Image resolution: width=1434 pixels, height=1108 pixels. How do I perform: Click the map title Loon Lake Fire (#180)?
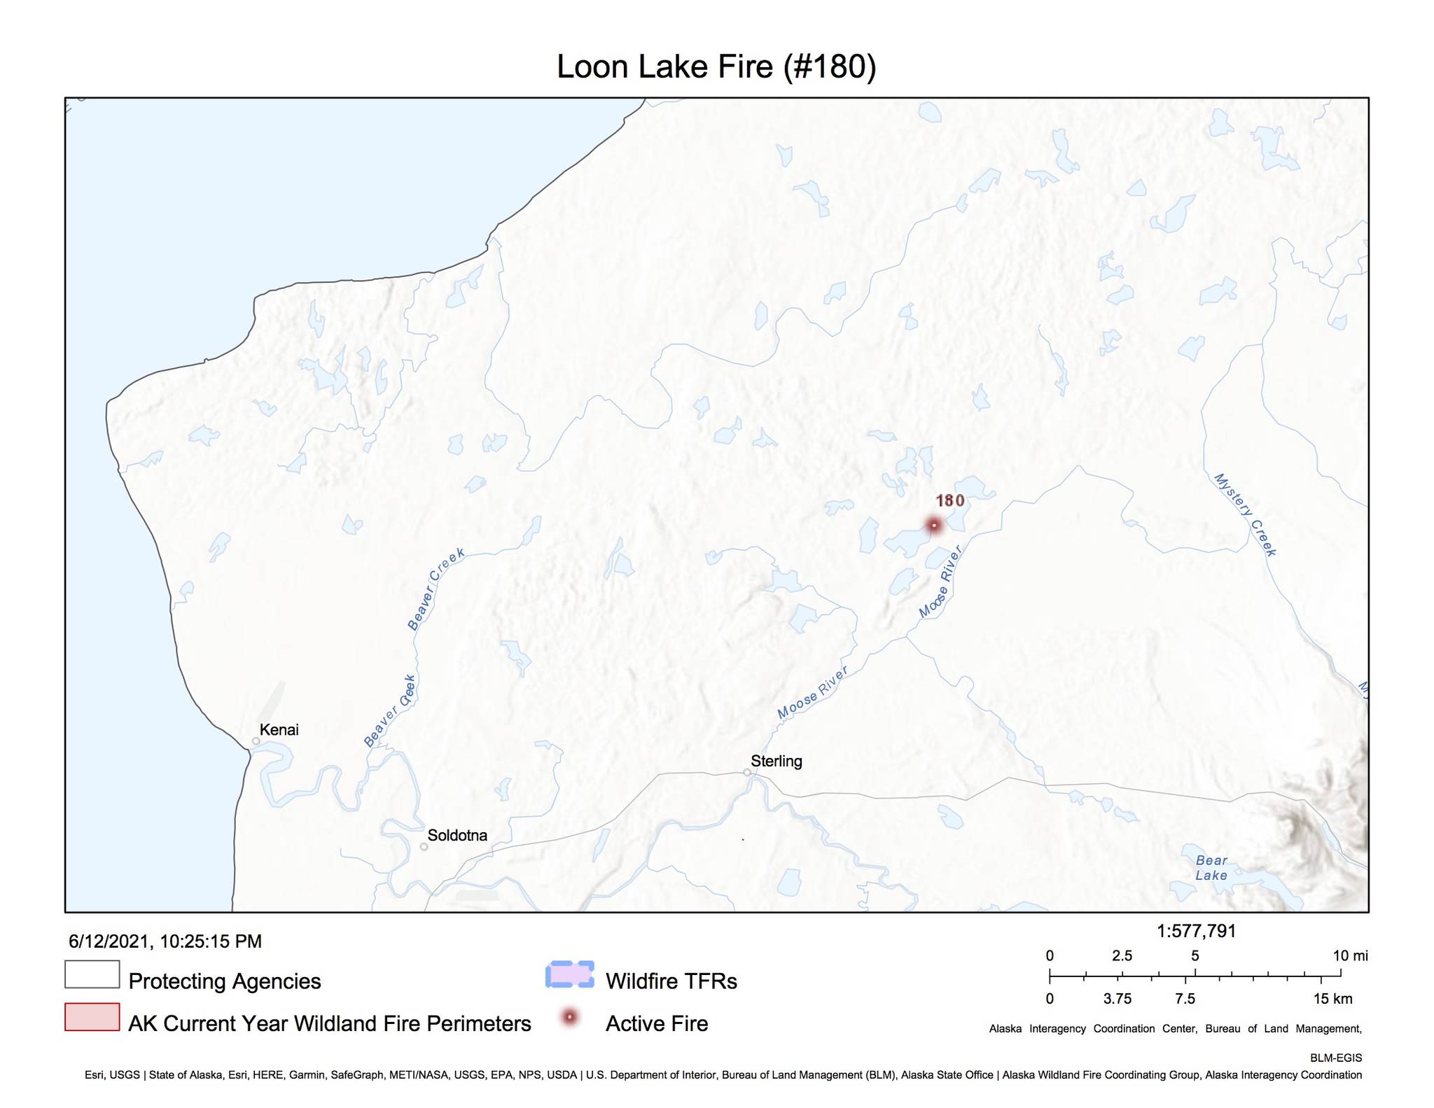coord(716,67)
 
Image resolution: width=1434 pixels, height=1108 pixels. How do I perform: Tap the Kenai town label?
coord(279,730)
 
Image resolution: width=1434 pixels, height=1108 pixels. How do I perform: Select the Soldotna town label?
coord(457,835)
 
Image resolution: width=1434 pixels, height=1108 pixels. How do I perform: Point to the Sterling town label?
coord(776,761)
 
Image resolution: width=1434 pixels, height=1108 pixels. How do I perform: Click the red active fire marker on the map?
coord(933,525)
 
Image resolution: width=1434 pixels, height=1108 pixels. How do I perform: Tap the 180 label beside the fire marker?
coord(950,500)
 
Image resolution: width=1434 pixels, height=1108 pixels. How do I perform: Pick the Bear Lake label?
coord(1211,868)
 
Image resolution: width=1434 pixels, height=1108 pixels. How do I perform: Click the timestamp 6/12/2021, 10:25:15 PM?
coord(165,941)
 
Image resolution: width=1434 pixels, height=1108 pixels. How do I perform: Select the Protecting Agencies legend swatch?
coord(92,974)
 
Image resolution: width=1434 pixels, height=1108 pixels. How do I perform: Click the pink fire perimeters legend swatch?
coord(92,1017)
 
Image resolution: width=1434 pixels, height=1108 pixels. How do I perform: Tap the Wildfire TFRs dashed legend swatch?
coord(570,974)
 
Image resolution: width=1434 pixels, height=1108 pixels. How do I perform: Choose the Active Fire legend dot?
coord(570,1017)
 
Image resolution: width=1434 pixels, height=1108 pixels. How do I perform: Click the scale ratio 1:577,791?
coord(1196,931)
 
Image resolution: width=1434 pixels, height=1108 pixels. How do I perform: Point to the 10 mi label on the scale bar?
coord(1350,956)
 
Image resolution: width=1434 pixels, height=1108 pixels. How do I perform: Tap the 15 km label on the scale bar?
coord(1332,999)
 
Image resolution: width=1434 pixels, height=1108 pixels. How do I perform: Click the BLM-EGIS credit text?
coord(1336,1058)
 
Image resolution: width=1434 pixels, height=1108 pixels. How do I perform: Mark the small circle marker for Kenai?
coord(256,741)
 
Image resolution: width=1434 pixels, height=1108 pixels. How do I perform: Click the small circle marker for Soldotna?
coord(424,847)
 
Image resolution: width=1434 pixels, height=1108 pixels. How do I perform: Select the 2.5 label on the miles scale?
coord(1122,956)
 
